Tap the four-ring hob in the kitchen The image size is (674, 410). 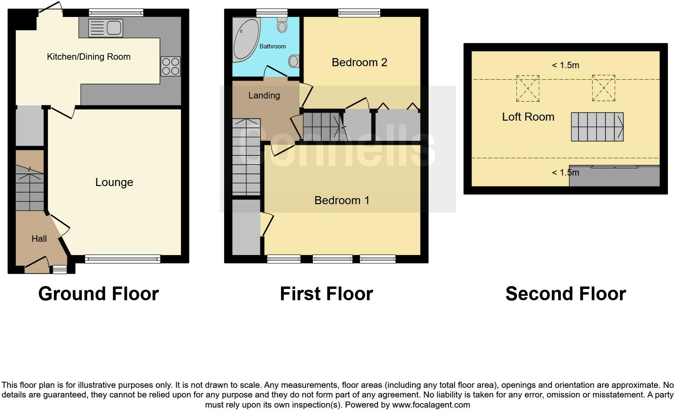click(171, 67)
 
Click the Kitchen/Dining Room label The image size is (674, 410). click(89, 56)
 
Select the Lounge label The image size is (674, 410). click(114, 182)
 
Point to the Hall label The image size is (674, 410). click(39, 239)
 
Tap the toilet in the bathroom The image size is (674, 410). click(282, 25)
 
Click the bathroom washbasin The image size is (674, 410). click(294, 61)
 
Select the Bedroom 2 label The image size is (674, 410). click(359, 63)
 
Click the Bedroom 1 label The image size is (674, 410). click(342, 201)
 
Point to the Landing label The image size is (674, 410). click(264, 96)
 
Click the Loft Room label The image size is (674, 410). click(528, 117)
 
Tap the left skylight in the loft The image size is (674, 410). click(528, 88)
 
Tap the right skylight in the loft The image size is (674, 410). click(603, 88)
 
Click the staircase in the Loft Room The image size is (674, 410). click(597, 127)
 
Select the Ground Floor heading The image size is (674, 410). click(98, 294)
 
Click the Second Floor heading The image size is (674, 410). click(566, 294)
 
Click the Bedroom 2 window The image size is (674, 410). click(359, 13)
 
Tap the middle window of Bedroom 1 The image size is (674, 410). click(333, 259)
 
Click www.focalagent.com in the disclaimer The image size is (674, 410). click(431, 405)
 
